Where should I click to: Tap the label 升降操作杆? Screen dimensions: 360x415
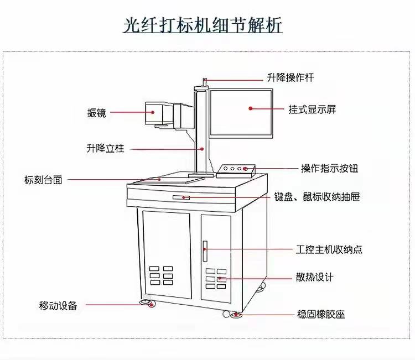290,78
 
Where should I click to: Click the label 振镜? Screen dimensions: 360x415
96,113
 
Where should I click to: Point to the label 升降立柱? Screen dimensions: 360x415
105,148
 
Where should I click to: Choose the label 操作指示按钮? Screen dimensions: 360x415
329,168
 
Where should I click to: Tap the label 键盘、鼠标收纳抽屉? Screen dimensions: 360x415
317,197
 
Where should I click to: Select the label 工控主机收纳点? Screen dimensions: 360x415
329,249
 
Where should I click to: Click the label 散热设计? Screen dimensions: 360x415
315,277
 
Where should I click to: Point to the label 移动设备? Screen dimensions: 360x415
58,305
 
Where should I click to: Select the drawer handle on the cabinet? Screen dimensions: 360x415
181,197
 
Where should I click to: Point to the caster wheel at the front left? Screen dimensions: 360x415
148,303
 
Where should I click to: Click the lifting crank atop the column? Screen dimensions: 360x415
204,82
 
